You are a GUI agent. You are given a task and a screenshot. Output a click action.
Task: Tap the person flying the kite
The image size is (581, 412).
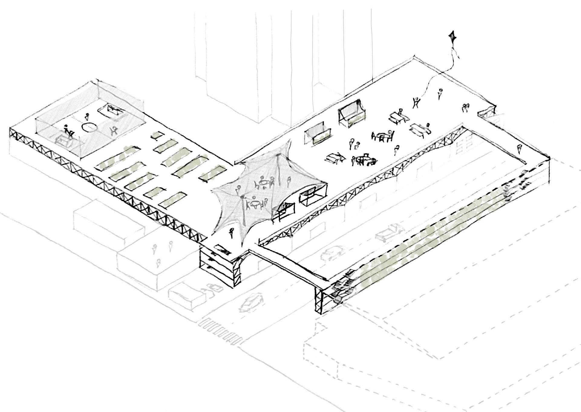(417, 102)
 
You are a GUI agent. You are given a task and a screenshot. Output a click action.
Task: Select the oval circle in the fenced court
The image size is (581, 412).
(90, 127)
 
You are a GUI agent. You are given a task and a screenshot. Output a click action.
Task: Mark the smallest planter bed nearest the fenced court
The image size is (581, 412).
(156, 136)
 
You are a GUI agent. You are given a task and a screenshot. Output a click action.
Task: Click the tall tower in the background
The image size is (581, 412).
(230, 61)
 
